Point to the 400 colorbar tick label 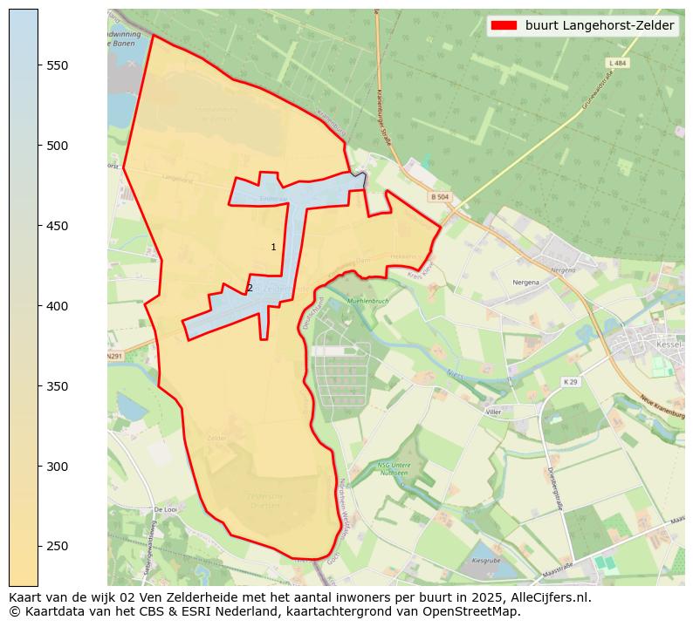(58, 306)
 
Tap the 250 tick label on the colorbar (58, 547)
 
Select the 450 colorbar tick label (58, 226)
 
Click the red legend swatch (504, 26)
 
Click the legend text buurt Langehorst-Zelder (600, 26)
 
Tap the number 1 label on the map (273, 248)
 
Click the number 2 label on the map (250, 288)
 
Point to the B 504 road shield (439, 198)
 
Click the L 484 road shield (617, 64)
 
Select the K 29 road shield (571, 382)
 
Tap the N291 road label (114, 357)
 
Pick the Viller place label (493, 410)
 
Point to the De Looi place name (165, 509)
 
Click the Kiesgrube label (484, 560)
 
